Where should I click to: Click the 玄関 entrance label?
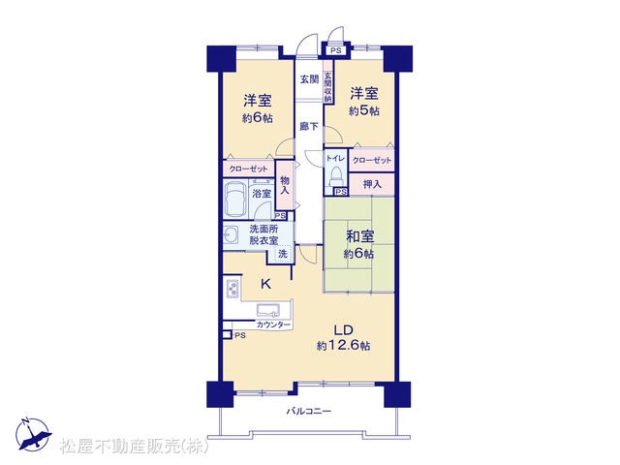(x=309, y=79)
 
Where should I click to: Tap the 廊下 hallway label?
(x=309, y=127)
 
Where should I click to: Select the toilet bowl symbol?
(x=336, y=176)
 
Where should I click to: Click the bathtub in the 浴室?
(x=235, y=199)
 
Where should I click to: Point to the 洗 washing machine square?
(x=283, y=254)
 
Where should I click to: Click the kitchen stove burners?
(x=232, y=290)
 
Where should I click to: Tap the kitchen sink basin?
(x=268, y=309)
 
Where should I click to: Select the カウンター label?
(x=273, y=325)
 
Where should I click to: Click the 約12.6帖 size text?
(x=343, y=346)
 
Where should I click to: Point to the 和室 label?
(x=359, y=236)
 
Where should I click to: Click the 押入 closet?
(x=372, y=184)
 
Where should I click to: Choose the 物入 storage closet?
(x=285, y=185)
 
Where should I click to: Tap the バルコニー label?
(x=309, y=411)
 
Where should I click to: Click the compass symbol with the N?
(x=33, y=434)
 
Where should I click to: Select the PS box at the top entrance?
(x=336, y=50)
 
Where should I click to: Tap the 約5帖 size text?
(x=364, y=111)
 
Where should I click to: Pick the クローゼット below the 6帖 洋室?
(x=249, y=169)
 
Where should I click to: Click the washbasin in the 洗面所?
(x=231, y=236)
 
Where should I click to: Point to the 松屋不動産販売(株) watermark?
(x=135, y=447)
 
